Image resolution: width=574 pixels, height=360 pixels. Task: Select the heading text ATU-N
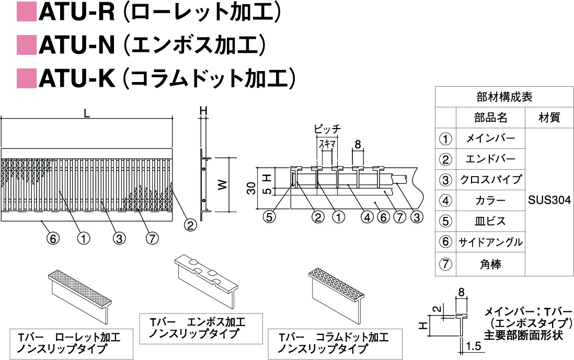pyautogui.click(x=76, y=45)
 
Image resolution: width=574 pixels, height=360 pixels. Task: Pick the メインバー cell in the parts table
pyautogui.click(x=490, y=138)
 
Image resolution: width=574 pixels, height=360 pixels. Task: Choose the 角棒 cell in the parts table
pyautogui.click(x=490, y=265)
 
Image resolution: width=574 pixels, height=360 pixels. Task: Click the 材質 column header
pyautogui.click(x=549, y=118)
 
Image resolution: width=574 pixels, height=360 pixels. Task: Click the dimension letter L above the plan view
pyautogui.click(x=87, y=112)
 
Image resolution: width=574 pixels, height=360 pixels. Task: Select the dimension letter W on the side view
pyautogui.click(x=223, y=184)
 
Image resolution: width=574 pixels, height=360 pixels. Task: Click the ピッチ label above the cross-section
pyautogui.click(x=327, y=129)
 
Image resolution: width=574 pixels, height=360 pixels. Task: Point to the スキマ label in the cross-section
pyautogui.click(x=327, y=143)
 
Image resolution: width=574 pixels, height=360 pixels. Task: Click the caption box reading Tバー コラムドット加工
pyautogui.click(x=335, y=343)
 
